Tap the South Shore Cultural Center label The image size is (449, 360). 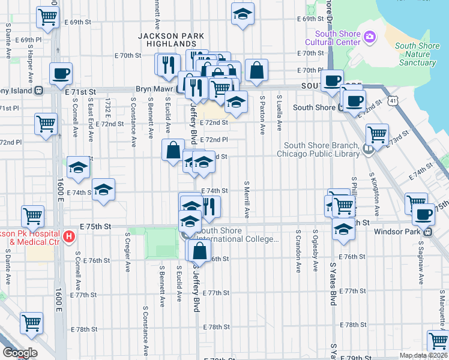pyautogui.click(x=332, y=38)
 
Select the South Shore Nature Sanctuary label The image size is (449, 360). pyautogui.click(x=417, y=54)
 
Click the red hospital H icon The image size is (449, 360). pyautogui.click(x=68, y=236)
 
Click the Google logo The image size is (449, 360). pyautogui.click(x=20, y=353)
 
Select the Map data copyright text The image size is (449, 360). pyautogui.click(x=423, y=355)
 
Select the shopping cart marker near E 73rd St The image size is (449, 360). pyautogui.click(x=377, y=134)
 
